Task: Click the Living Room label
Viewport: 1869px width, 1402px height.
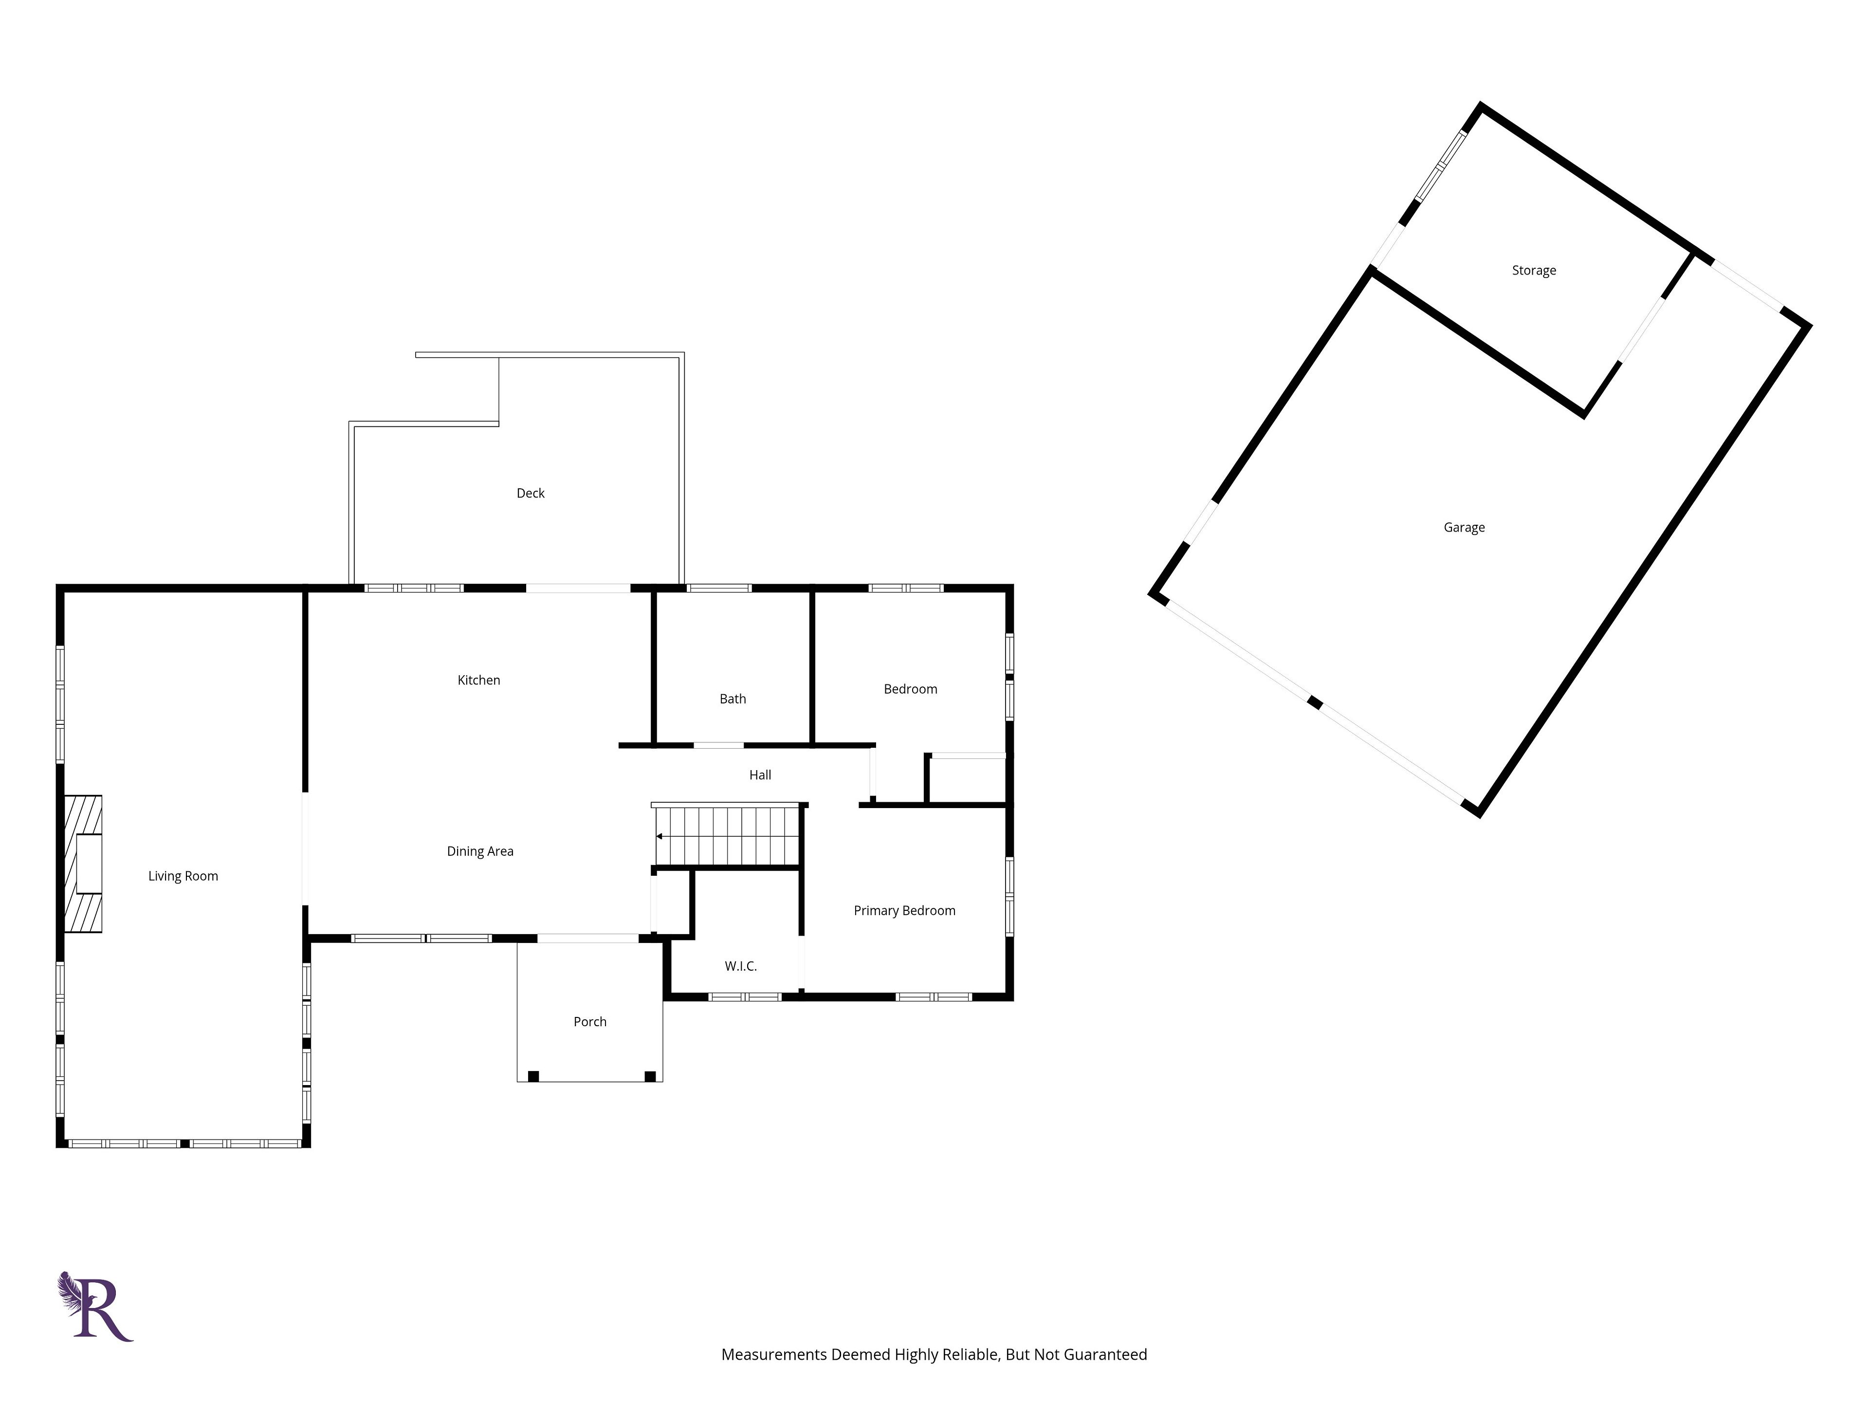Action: pyautogui.click(x=183, y=876)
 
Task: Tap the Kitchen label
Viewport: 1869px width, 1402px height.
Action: pyautogui.click(x=479, y=680)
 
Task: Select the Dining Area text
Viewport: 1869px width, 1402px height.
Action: pyautogui.click(x=480, y=852)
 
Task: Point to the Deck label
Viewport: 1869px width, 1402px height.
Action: pyautogui.click(x=531, y=494)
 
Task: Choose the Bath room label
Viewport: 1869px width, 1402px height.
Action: pyautogui.click(x=733, y=699)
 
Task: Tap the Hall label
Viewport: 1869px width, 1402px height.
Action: pyautogui.click(x=760, y=775)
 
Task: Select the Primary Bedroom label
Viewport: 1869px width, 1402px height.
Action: pyautogui.click(x=904, y=911)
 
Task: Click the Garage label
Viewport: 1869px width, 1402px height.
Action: pyautogui.click(x=1464, y=528)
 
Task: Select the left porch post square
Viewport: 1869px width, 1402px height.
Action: pyautogui.click(x=533, y=1076)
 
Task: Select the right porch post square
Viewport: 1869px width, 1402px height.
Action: pyautogui.click(x=650, y=1076)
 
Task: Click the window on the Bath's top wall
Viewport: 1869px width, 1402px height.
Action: pyautogui.click(x=719, y=588)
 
